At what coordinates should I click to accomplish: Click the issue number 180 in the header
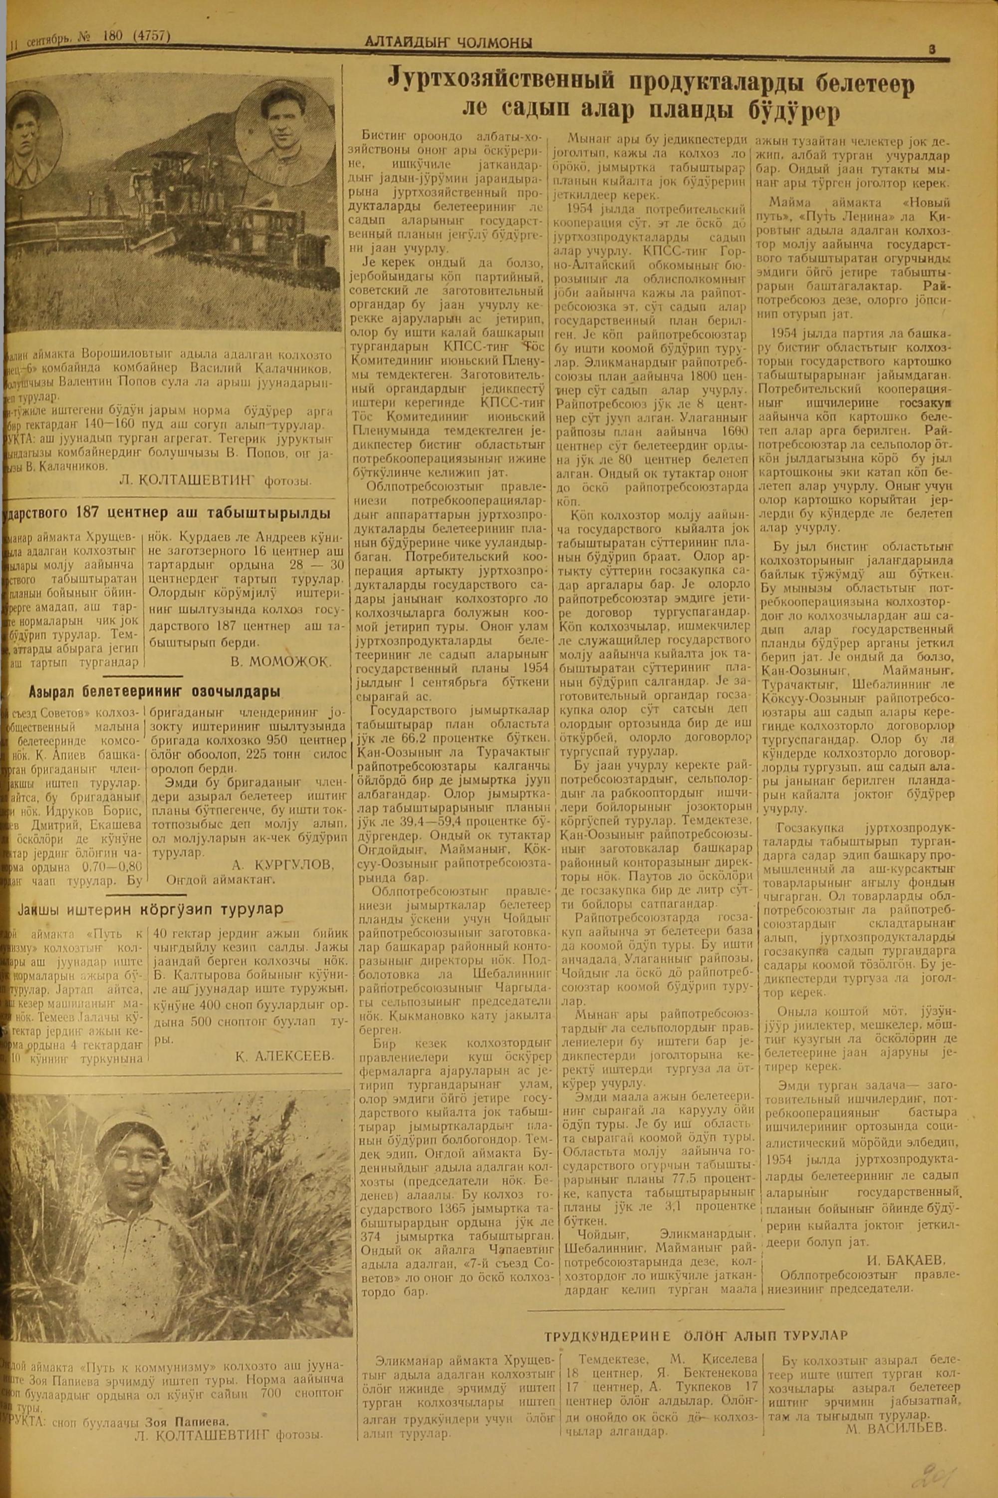point(113,37)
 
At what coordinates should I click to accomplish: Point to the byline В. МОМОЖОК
point(281,662)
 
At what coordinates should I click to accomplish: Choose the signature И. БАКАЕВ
point(906,1241)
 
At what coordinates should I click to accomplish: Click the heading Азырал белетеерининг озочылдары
point(155,692)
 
